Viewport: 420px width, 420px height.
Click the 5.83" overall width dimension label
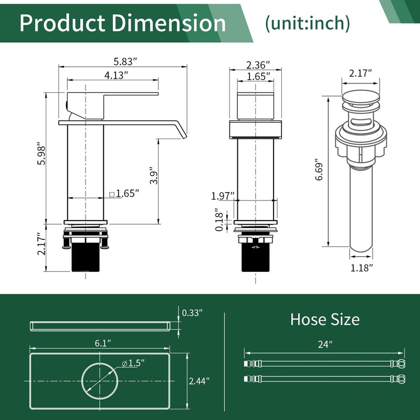pos(125,61)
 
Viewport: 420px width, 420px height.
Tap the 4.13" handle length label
pos(116,75)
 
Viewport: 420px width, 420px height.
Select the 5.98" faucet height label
pos(42,155)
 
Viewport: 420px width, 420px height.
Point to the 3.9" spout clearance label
pos(154,176)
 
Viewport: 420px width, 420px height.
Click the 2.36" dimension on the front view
pos(258,65)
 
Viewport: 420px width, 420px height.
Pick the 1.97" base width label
pos(223,196)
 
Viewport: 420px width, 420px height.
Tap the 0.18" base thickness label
pos(219,219)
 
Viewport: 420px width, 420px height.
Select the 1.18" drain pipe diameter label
pos(362,268)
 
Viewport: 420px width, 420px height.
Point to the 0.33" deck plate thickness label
pos(192,312)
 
